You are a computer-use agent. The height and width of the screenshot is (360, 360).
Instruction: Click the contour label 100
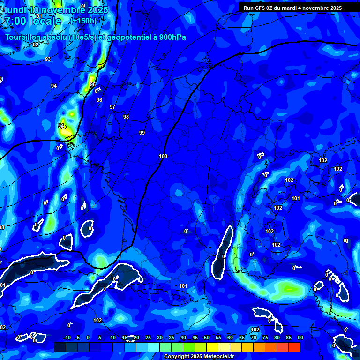163,156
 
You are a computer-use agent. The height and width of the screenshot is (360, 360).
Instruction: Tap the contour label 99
142,133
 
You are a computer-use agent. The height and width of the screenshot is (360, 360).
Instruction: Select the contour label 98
126,117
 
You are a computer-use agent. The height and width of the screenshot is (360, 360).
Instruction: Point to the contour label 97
112,107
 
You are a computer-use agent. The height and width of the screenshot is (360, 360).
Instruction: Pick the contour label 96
99,100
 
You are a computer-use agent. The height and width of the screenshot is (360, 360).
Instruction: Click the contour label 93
48,59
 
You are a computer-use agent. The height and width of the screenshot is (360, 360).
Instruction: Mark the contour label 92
36,45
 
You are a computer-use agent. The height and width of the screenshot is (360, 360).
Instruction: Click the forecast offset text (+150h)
83,21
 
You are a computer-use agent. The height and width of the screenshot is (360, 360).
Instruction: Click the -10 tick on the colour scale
67,337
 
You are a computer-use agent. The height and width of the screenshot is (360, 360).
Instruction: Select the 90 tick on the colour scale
300,337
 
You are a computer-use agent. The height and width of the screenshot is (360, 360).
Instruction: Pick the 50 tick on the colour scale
207,337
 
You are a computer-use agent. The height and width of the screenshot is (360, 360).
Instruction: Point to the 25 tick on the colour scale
148,337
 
